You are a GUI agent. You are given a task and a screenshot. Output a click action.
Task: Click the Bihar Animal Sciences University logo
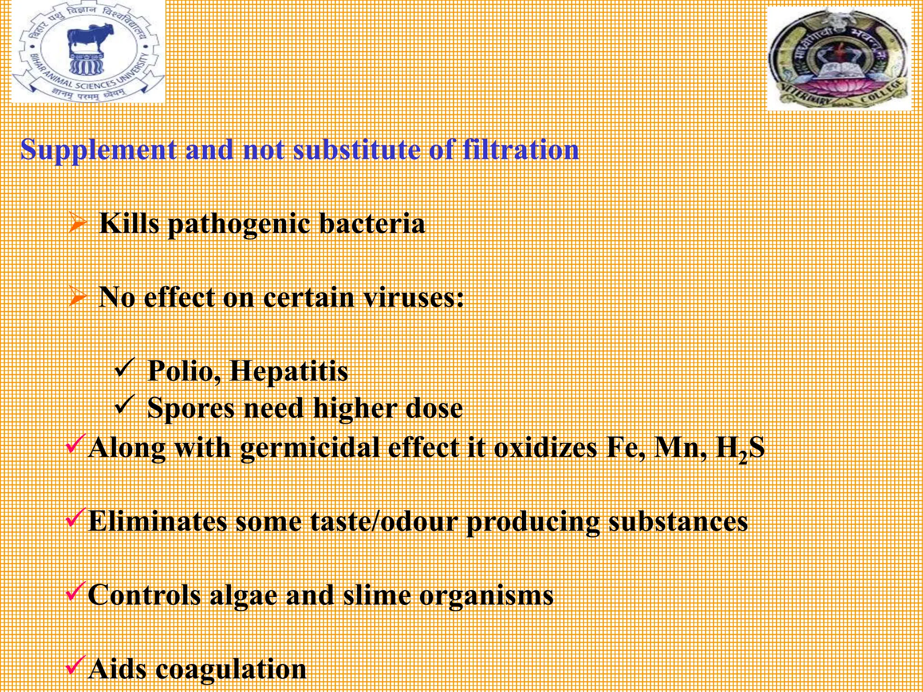(88, 52)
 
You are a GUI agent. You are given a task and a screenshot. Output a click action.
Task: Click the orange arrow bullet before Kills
(78, 224)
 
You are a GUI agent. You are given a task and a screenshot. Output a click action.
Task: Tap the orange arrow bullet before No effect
(78, 297)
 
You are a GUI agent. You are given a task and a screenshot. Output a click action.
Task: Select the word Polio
(184, 371)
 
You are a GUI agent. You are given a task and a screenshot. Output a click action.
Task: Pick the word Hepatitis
(288, 371)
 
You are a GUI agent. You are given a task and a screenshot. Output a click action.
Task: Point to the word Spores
(191, 408)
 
